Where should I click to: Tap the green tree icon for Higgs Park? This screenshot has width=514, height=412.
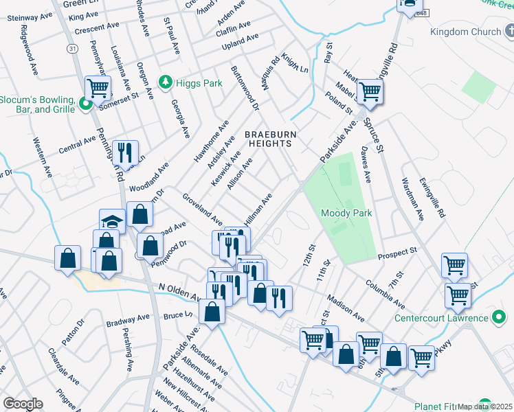165,83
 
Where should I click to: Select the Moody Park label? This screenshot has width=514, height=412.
346,213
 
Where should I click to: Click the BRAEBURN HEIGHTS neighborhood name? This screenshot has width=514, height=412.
269,139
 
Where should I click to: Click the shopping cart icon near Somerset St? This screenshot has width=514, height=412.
98,88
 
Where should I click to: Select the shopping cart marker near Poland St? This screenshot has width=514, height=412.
370,91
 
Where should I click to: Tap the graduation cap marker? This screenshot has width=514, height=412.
111,220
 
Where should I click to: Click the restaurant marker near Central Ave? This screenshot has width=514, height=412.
124,151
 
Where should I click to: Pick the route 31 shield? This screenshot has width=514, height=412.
73,48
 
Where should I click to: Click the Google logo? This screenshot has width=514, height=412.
23,404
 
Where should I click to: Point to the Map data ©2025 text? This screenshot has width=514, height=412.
484,407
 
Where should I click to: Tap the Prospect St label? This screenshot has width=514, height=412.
398,253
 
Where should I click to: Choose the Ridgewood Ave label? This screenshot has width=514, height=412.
31,43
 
